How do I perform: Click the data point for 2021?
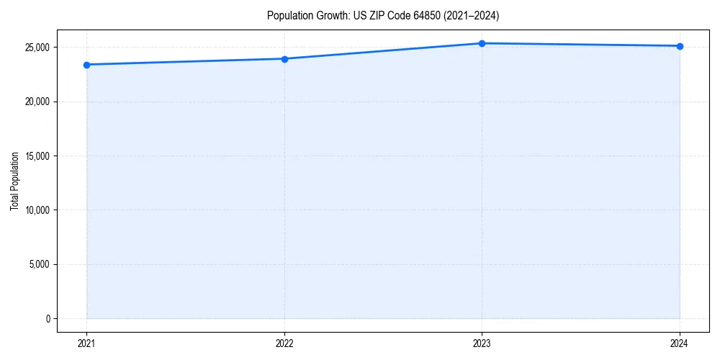86,65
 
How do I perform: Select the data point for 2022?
284,59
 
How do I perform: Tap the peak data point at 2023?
482,43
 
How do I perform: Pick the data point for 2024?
680,46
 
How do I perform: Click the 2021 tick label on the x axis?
86,343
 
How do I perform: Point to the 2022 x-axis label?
284,343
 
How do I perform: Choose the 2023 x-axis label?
482,343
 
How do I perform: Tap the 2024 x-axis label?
680,343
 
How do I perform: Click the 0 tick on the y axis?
48,318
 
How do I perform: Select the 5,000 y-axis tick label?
40,264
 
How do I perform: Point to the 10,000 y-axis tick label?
38,210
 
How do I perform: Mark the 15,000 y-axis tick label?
38,156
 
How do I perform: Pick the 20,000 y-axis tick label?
38,102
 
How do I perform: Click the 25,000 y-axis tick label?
38,48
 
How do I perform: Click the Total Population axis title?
14,181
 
